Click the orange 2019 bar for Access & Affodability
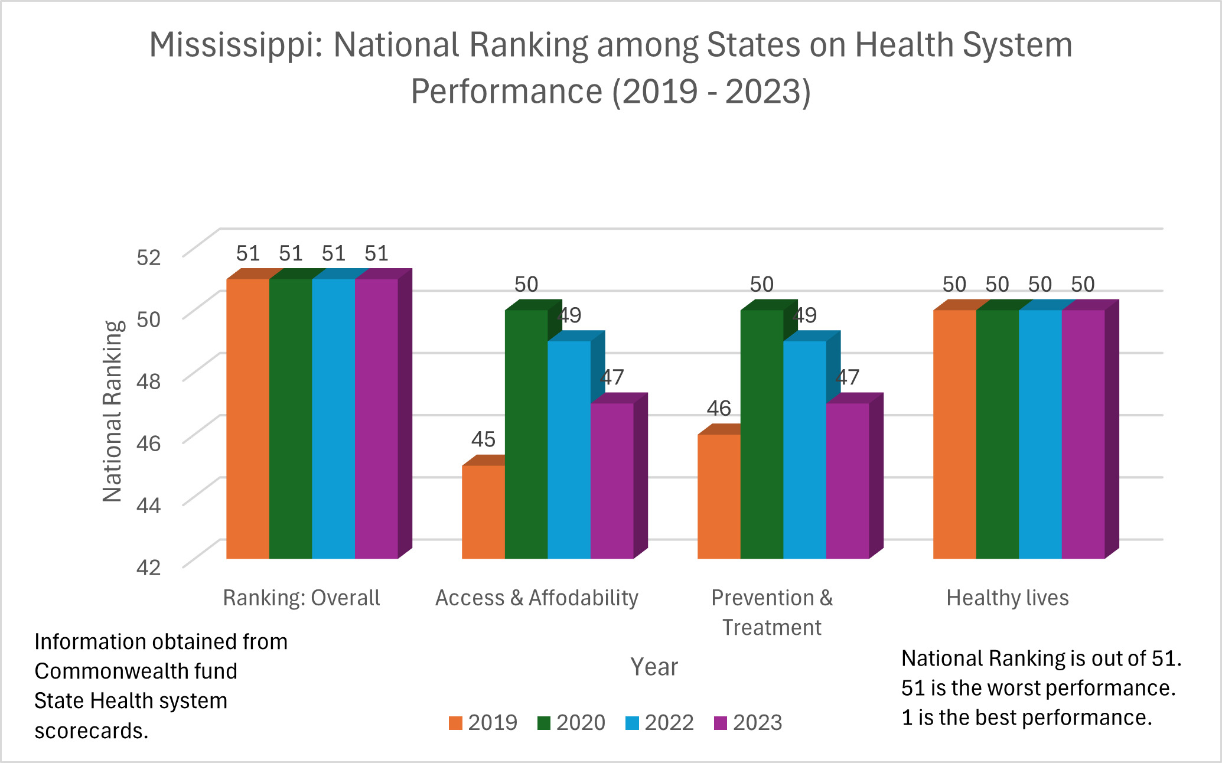(x=483, y=511)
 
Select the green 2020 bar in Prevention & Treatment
(x=761, y=434)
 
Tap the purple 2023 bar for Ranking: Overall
(x=376, y=418)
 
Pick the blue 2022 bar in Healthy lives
(x=1040, y=434)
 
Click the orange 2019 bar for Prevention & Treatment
(x=719, y=496)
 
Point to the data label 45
(x=483, y=439)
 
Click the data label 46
(x=719, y=408)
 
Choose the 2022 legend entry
(x=659, y=722)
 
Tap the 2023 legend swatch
(x=721, y=723)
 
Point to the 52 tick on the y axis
(x=148, y=257)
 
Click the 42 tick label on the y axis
(x=148, y=567)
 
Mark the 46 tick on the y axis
(x=148, y=443)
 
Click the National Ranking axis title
(x=112, y=411)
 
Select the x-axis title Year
(x=654, y=667)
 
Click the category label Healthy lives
(x=1008, y=598)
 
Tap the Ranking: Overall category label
(x=301, y=598)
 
